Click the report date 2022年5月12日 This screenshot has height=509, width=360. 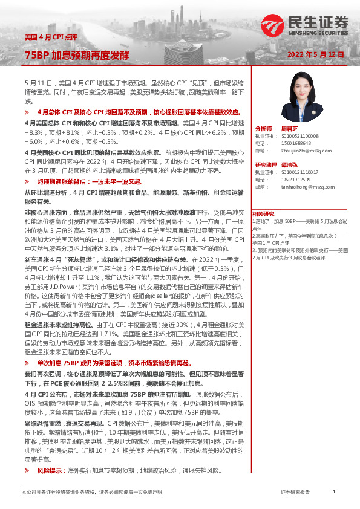(315, 54)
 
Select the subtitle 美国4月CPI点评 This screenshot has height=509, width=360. (50, 37)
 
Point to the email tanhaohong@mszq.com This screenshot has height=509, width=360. (304, 187)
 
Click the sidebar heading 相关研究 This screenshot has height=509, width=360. (263, 213)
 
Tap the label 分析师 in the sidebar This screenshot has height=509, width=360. (264, 129)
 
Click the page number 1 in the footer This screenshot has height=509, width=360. (334, 492)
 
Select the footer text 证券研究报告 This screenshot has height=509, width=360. (295, 493)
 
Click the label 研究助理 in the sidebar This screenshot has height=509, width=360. (266, 165)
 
